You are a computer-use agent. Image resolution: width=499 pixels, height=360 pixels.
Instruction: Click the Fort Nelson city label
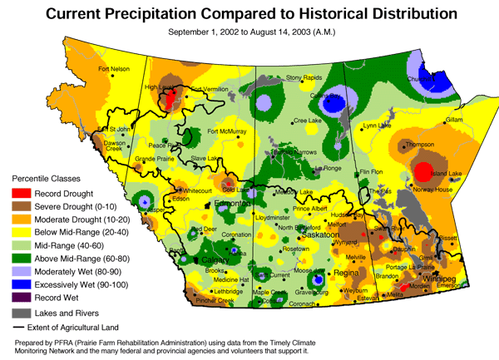(x=115, y=69)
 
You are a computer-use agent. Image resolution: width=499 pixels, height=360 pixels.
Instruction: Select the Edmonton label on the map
(x=230, y=204)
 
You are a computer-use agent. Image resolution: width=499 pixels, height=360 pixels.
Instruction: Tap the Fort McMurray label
(x=227, y=131)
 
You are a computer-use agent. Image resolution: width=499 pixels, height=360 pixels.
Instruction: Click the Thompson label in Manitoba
(x=420, y=145)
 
